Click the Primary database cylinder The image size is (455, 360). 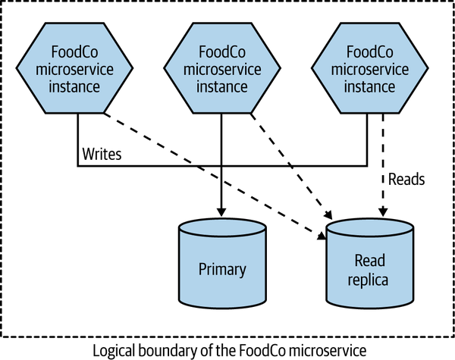[x=222, y=261]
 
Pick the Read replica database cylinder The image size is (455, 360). [x=370, y=261]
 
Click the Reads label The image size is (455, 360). [x=406, y=180]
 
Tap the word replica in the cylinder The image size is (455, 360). [x=370, y=280]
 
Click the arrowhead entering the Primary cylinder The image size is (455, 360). [x=221, y=212]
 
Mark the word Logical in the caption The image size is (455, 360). [x=115, y=349]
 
